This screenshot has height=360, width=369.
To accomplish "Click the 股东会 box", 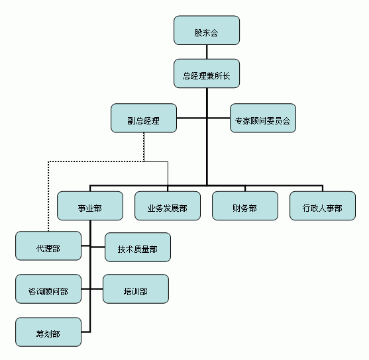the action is coord(207,30).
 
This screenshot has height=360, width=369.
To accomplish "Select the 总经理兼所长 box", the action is coord(207,73).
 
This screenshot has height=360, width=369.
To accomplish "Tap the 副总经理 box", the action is coord(144,118).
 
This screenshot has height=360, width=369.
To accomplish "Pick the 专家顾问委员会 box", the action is coord(263,118).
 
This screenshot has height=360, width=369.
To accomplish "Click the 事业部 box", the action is coord(90,206).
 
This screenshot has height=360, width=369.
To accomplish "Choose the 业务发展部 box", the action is coord(168,206).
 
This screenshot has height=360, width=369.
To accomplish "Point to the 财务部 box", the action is coord(245,206).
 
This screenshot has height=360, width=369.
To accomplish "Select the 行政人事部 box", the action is coord(323,206).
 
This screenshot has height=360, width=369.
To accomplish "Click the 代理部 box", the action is coord(48,246).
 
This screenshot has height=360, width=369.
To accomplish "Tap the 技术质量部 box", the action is coord(138,247).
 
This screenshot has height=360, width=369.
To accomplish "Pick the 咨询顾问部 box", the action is coord(48,289).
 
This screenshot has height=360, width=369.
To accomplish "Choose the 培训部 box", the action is coord(136,289).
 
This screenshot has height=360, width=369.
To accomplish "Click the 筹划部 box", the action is coord(48,332).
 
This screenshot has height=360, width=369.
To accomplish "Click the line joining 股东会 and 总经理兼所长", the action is coord(207,52).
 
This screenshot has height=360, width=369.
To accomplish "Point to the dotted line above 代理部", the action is coord(48,196).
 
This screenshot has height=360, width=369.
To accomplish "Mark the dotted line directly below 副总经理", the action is coord(144,147).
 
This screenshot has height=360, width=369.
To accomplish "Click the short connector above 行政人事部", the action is coord(323,189).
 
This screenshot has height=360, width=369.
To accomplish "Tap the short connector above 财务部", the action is coord(245,189).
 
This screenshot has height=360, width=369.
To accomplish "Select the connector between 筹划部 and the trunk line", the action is coord(85,332).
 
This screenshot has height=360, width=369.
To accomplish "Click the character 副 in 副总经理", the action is coord(131,121).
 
